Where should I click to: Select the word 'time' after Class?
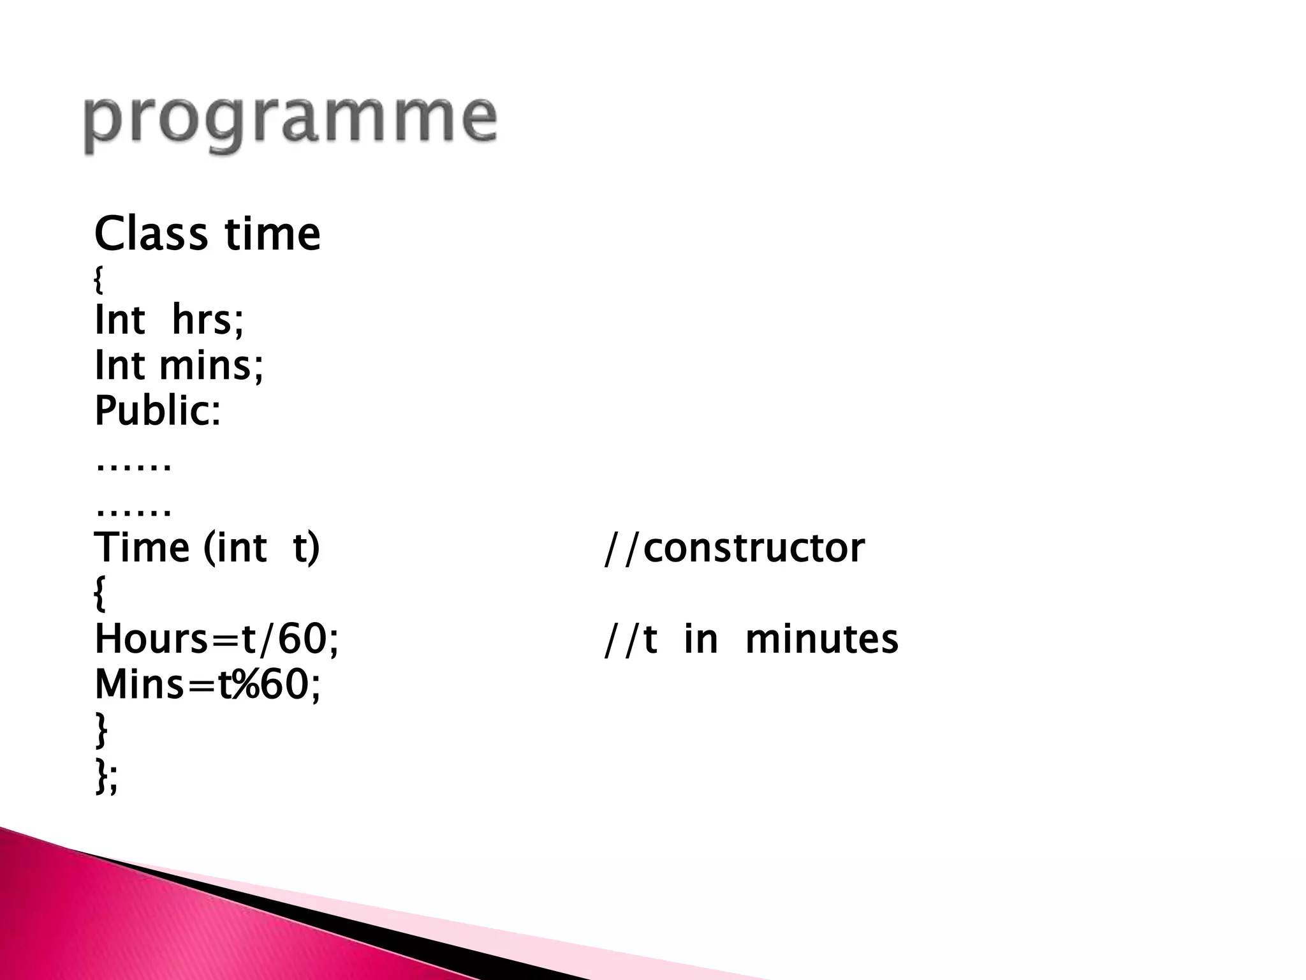tap(272, 234)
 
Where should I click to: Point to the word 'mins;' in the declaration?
tap(211, 365)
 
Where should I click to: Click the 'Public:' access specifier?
tap(158, 411)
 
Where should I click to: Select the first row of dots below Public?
tap(133, 466)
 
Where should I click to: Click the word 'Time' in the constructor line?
tap(142, 547)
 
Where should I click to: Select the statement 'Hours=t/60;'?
tap(217, 639)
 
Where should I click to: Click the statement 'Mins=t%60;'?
tap(208, 685)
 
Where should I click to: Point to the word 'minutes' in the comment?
tap(821, 639)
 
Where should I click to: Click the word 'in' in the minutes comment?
tap(700, 639)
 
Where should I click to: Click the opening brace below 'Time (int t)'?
tap(100, 593)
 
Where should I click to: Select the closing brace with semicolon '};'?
tap(106, 777)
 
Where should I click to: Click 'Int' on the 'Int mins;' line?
tap(119, 365)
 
